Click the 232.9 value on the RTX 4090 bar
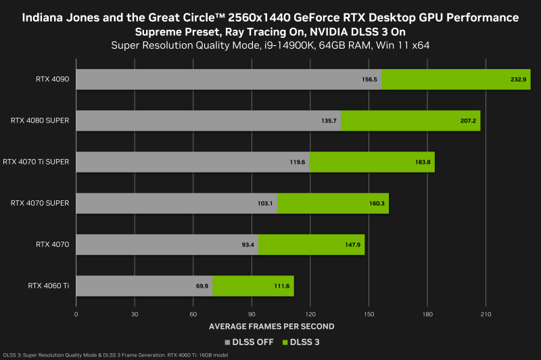point(517,79)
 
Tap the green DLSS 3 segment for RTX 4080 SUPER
point(410,120)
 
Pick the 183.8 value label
point(423,162)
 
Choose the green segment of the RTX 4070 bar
point(311,245)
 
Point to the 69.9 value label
point(202,286)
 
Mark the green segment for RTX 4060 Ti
point(253,286)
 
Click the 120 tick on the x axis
point(310,315)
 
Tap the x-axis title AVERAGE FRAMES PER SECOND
point(271,327)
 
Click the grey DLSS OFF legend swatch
point(227,342)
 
